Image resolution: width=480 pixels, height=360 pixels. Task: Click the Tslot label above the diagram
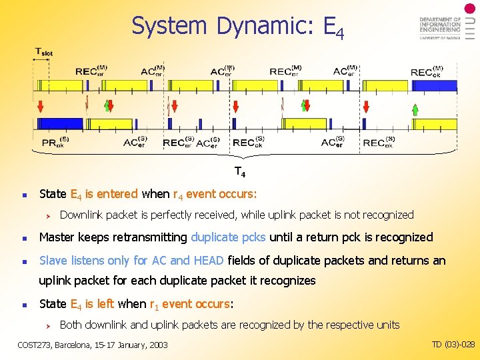coord(44,52)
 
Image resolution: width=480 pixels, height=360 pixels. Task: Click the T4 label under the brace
coord(239,173)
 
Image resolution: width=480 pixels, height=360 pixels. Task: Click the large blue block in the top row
coord(433,85)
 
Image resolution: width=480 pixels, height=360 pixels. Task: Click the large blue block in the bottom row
coord(59,124)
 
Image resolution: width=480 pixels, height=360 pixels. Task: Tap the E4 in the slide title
coord(333,28)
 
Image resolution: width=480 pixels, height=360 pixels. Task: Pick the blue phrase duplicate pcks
coord(228,237)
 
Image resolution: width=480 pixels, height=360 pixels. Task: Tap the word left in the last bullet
coord(105,303)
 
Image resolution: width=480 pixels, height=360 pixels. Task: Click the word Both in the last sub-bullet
coord(71,325)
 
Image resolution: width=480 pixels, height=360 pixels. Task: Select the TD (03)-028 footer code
coord(453,344)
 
